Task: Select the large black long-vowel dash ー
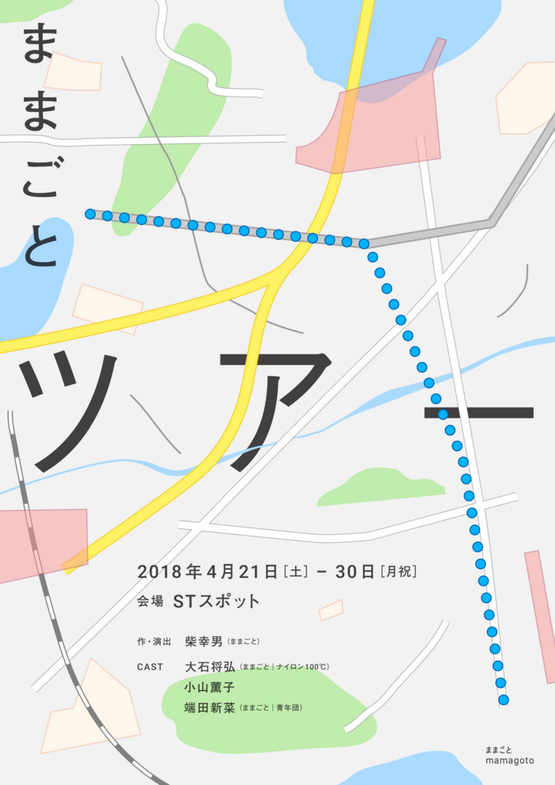tap(478, 412)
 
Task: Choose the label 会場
tap(150, 602)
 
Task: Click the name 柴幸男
tap(204, 641)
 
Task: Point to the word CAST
tap(150, 667)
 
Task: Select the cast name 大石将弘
tap(210, 667)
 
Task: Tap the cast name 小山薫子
tap(209, 688)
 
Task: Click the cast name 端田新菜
tap(210, 708)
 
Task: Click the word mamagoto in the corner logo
tap(509, 760)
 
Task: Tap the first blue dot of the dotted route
tap(90, 214)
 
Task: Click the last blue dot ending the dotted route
tap(503, 699)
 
